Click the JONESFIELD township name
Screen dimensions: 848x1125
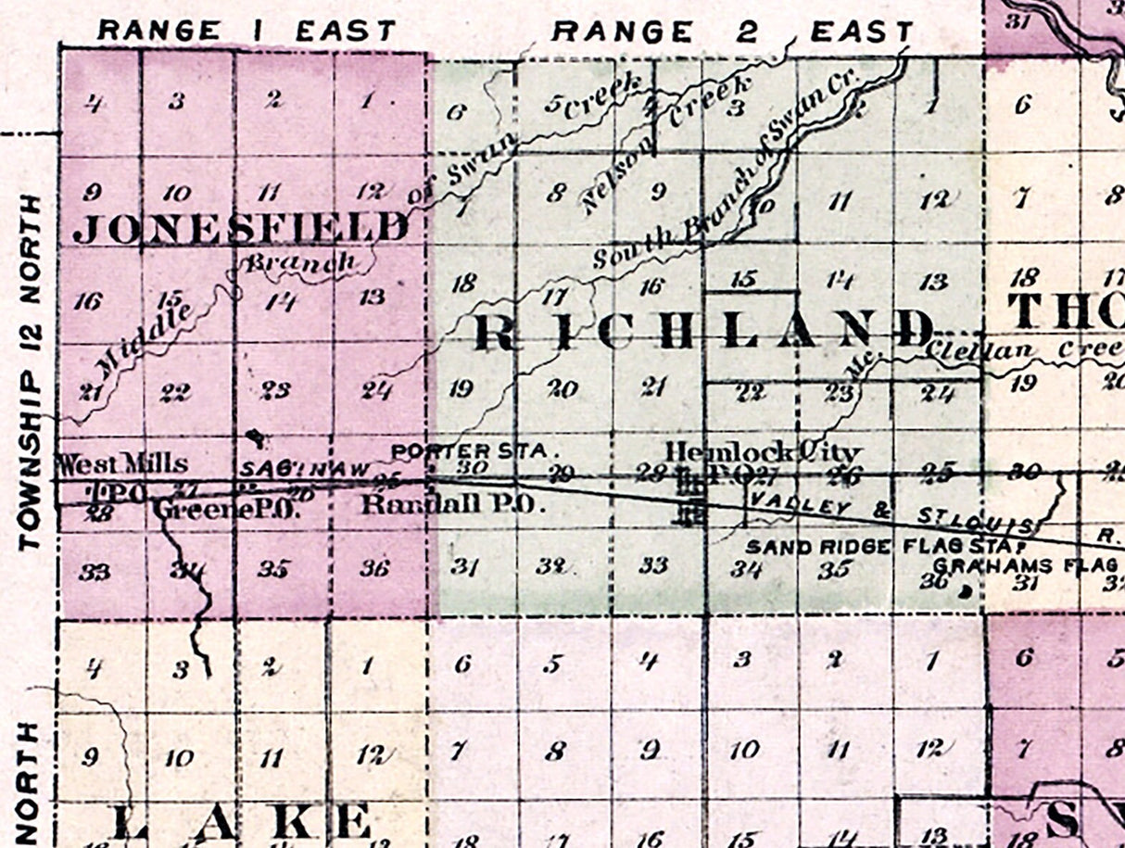pos(240,227)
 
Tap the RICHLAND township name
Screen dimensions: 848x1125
pos(704,332)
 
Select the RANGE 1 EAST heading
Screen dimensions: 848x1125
pos(246,31)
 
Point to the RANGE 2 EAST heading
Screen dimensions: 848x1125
pos(732,32)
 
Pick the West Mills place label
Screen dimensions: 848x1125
pos(121,462)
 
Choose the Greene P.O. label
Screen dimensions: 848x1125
pos(226,508)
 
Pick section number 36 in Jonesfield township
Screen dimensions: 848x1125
pos(373,569)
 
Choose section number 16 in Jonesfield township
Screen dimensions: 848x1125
pos(88,301)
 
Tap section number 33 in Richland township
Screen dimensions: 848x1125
pos(654,564)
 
